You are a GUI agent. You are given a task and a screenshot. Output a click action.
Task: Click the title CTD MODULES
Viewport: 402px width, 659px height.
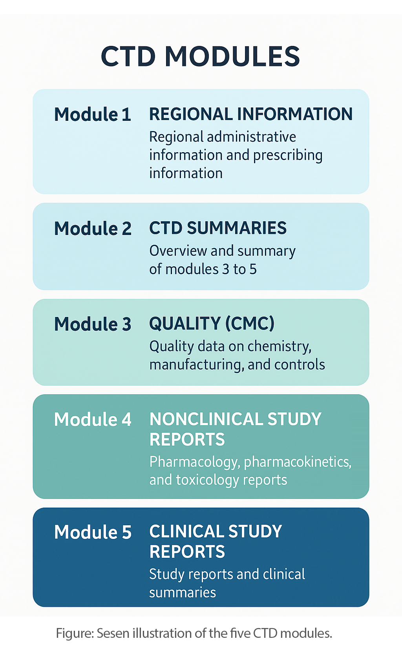[x=201, y=56]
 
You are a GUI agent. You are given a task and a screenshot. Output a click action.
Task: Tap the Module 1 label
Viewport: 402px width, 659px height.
[x=93, y=114]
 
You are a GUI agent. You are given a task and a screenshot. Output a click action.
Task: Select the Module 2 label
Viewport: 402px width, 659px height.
[x=93, y=228]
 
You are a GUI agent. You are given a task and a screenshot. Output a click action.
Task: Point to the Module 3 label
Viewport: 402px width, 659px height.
[x=93, y=324]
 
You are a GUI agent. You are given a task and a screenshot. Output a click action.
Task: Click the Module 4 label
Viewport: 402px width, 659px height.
[x=93, y=419]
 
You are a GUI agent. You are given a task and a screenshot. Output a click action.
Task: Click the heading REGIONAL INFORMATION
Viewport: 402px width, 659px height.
[x=251, y=114]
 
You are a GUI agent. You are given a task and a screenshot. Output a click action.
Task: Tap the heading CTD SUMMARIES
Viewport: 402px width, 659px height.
[x=218, y=228]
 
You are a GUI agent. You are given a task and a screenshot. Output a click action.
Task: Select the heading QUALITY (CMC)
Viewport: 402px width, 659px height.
[x=212, y=323]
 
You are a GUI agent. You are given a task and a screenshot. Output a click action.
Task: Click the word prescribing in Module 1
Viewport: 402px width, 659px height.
[x=288, y=155]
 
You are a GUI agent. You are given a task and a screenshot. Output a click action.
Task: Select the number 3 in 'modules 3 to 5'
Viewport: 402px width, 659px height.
[x=226, y=269]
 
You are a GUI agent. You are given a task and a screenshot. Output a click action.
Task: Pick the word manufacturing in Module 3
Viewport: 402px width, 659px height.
[x=197, y=365]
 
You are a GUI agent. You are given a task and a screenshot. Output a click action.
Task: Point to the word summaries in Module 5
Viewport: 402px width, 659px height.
[x=183, y=592]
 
